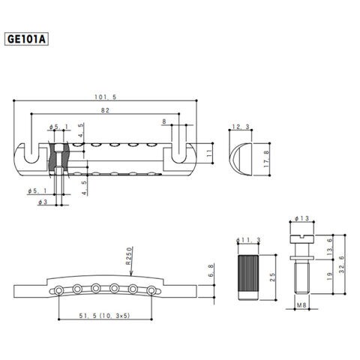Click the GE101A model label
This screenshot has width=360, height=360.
coord(26,39)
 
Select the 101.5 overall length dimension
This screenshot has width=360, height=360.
coord(106,97)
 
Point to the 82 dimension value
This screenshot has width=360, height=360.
coord(105,110)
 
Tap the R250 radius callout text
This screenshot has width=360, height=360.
coord(128,256)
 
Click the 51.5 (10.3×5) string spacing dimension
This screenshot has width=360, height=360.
coord(105,316)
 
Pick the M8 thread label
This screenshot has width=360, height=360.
coord(301,305)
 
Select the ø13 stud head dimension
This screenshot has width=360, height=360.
coord(301,218)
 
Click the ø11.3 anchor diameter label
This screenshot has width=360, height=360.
coord(248,240)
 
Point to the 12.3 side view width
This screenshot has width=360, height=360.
coord(241,127)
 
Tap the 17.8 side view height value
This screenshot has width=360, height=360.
coord(266,159)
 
